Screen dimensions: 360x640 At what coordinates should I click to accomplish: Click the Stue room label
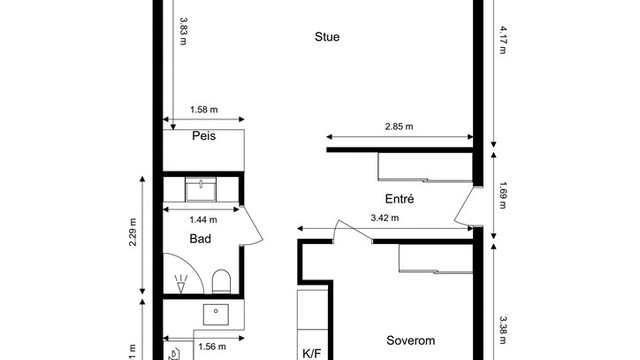point(327,38)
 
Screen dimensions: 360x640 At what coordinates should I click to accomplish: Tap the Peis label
point(205,136)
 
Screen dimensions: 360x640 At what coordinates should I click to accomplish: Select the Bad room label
point(200,239)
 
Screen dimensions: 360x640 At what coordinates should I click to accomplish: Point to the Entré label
point(400,198)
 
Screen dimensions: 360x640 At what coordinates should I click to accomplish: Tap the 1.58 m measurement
point(204,111)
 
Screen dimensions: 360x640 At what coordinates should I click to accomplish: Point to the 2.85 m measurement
point(399,127)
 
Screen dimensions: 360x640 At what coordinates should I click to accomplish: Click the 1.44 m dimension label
point(203,219)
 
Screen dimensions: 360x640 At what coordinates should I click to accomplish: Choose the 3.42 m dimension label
point(384,218)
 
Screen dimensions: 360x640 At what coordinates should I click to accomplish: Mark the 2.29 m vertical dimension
point(133,237)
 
